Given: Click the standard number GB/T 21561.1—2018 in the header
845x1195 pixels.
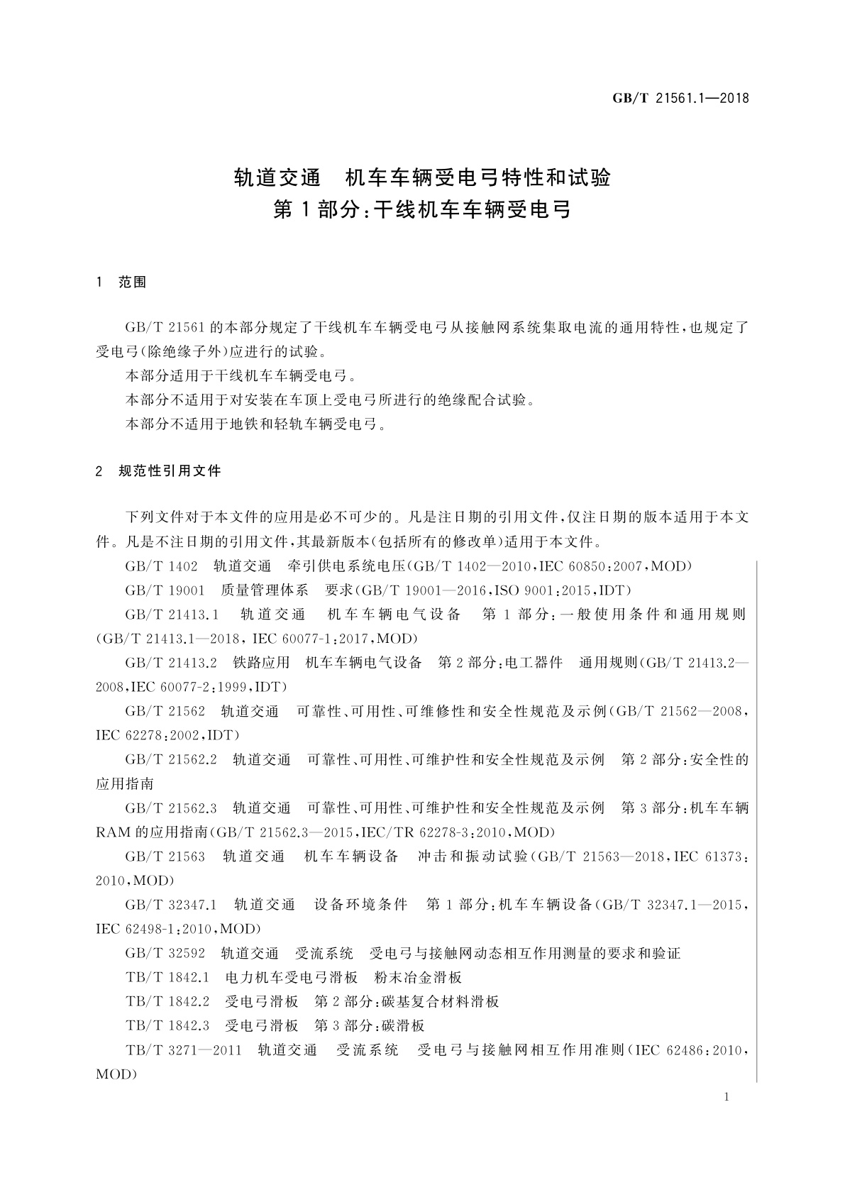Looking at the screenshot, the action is pyautogui.click(x=680, y=99).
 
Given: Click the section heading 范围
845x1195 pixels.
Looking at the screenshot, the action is pyautogui.click(x=133, y=282).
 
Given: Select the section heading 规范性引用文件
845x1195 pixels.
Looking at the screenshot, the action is pyautogui.click(x=170, y=470).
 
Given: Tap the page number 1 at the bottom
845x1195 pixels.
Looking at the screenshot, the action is pyautogui.click(x=727, y=1097).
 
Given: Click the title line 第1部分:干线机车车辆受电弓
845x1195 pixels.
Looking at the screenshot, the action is pyautogui.click(x=422, y=210).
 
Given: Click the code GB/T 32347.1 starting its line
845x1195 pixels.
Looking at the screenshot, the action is pyautogui.click(x=170, y=905).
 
